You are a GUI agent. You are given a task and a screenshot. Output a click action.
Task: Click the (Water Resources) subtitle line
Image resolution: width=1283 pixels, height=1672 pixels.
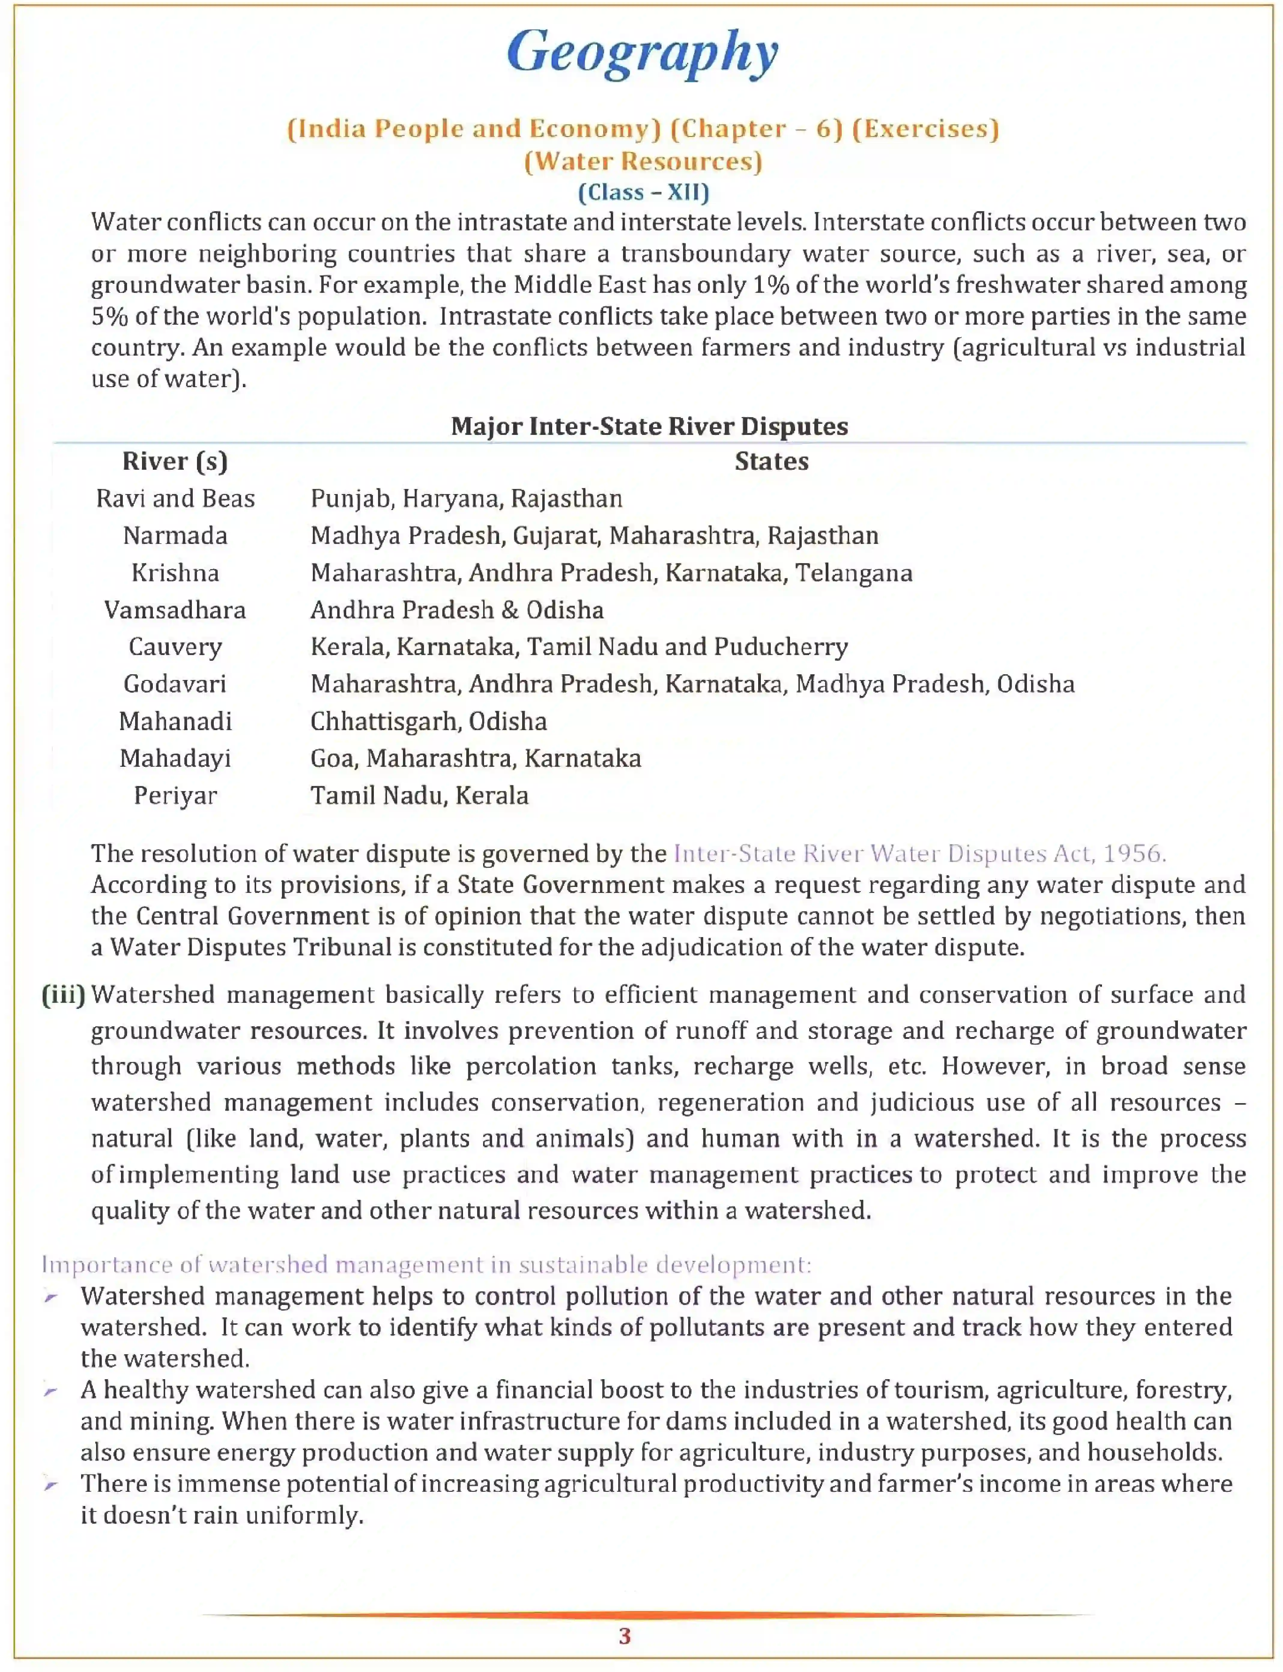tap(643, 161)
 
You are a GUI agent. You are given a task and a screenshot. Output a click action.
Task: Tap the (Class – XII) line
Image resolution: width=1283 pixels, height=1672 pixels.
tap(643, 192)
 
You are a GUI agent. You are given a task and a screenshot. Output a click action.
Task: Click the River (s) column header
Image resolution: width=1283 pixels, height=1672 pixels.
tap(175, 461)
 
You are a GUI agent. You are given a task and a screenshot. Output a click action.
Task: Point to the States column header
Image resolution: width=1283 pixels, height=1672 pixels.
tap(771, 461)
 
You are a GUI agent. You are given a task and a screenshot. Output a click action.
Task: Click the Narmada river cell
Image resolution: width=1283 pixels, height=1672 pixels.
tap(175, 536)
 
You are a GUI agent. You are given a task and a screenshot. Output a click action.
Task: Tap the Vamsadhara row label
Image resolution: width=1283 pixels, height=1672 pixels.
tap(175, 609)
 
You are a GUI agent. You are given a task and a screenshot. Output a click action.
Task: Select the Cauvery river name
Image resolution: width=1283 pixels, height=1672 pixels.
tap(175, 647)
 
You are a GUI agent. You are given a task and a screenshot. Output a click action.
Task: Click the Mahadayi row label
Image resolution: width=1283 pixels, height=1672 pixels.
tap(175, 758)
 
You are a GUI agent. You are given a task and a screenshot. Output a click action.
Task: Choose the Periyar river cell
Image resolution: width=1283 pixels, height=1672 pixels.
tap(175, 795)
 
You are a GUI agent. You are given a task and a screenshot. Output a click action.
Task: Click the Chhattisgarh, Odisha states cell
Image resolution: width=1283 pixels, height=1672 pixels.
tap(428, 721)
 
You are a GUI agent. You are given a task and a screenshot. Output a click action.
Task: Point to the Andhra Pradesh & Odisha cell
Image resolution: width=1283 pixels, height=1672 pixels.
tap(457, 609)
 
